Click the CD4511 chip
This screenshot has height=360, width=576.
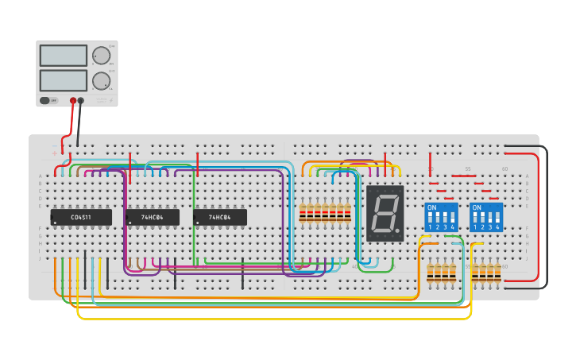click(81, 217)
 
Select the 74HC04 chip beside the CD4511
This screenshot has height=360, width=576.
click(153, 217)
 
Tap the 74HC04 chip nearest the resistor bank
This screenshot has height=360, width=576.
click(220, 217)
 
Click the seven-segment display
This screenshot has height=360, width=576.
click(385, 213)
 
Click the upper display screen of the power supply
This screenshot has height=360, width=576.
click(64, 56)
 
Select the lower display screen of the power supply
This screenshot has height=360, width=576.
click(64, 80)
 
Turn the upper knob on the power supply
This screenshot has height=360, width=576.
click(101, 56)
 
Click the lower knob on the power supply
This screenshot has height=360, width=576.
click(101, 80)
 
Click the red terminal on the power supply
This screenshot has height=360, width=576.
click(73, 101)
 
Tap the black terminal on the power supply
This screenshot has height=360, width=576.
click(81, 101)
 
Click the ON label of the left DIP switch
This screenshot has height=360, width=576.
click(431, 207)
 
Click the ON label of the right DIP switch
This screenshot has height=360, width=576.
click(476, 207)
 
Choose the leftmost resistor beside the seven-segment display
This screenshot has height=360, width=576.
click(303, 212)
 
